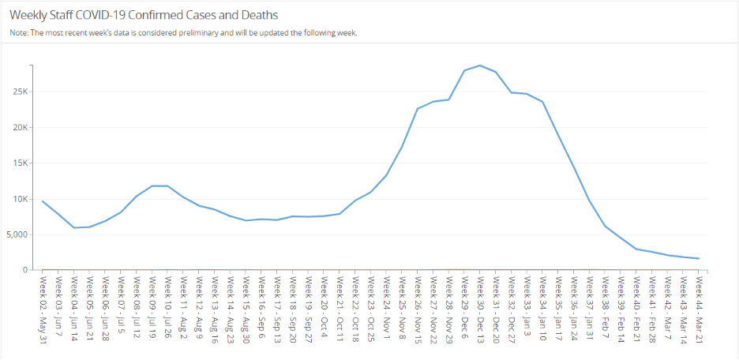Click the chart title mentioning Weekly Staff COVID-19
tap(143, 15)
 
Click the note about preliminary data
tap(184, 33)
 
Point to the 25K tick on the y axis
tap(20, 92)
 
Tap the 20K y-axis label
tap(20, 127)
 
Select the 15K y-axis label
tap(20, 163)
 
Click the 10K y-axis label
tap(20, 199)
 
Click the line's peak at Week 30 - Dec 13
tap(479, 66)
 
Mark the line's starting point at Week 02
tap(43, 201)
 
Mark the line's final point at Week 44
tap(698, 258)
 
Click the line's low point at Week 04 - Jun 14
tap(73, 227)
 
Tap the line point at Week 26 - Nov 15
tap(417, 109)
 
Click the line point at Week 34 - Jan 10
tap(542, 102)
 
